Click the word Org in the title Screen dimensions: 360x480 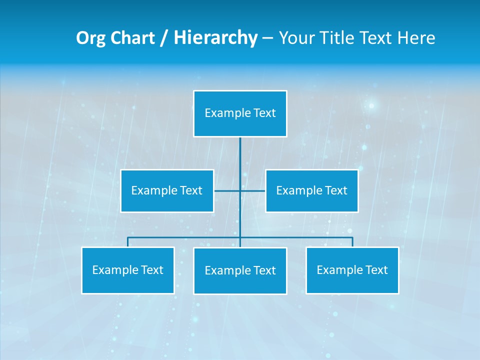point(90,38)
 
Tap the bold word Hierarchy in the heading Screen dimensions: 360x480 point(215,38)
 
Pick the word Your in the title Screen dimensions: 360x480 point(296,38)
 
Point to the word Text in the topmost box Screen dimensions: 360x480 point(265,113)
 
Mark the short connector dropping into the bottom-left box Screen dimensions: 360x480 point(127,242)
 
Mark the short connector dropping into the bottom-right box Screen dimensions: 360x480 point(352,242)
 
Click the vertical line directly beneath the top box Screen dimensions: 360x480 point(240,155)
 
